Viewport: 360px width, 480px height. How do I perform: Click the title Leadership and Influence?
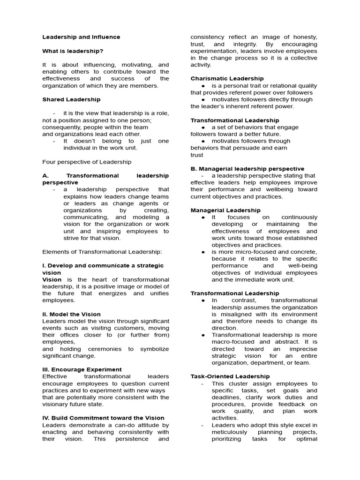coord(81,37)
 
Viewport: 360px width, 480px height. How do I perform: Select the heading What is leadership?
coord(73,51)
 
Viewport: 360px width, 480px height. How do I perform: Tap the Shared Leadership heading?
coord(71,99)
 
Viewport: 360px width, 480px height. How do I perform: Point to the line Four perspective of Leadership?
coord(87,162)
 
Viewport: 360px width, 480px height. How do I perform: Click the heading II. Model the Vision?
coord(71,314)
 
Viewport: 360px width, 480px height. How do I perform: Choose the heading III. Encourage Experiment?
coord(82,369)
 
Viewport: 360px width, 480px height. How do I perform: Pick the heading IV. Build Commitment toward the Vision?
coord(103,418)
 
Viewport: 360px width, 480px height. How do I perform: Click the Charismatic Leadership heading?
coord(227,79)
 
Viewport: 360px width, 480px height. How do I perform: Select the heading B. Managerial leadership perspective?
coord(247,169)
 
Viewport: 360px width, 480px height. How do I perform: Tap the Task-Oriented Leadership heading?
coord(230,376)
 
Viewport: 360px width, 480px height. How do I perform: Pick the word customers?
coord(127,328)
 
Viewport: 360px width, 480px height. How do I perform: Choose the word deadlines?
coord(226,397)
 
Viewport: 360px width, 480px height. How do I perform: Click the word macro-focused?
coord(233,342)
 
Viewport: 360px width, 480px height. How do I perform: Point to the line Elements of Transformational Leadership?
coord(102,252)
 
